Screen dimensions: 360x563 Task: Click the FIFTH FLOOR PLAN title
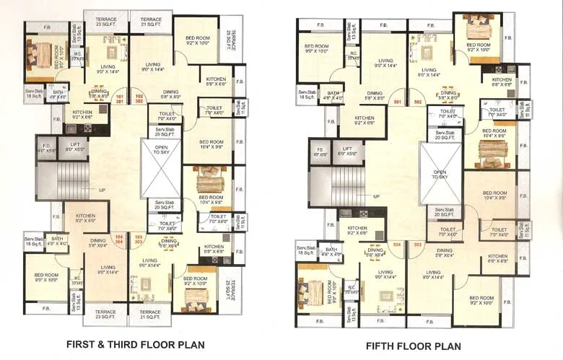414,346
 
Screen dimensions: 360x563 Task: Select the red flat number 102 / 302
140,99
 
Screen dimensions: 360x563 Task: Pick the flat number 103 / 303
139,239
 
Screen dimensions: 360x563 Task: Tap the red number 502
417,102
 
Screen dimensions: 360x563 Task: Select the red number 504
396,245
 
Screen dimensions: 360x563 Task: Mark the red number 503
416,245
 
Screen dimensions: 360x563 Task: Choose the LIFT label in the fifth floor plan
346,153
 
